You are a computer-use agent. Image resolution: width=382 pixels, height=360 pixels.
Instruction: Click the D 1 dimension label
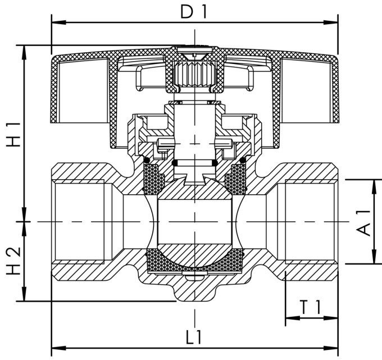pyautogui.click(x=194, y=11)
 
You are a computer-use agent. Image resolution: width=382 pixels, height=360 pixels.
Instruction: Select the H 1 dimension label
pyautogui.click(x=13, y=134)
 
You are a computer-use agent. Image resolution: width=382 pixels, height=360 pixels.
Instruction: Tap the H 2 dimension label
pyautogui.click(x=13, y=261)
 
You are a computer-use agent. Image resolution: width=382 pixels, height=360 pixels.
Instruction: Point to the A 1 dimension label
pyautogui.click(x=365, y=221)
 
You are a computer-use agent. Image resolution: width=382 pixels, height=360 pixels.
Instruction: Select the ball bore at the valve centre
pyautogui.click(x=194, y=221)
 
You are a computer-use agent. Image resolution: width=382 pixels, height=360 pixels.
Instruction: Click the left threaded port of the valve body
pyautogui.click(x=79, y=221)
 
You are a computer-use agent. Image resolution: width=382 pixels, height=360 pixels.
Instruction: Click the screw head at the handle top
pyautogui.click(x=194, y=53)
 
